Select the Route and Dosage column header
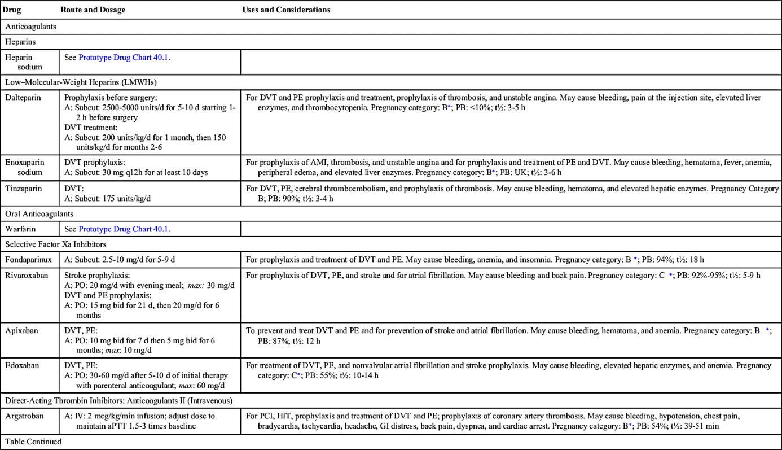coord(93,10)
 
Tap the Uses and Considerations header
coord(286,10)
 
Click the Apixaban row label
coord(22,331)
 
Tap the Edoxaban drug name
coord(22,365)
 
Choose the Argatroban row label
coord(24,416)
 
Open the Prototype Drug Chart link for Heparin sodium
coord(124,58)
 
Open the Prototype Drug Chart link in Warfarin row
coord(124,229)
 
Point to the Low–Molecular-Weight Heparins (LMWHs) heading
coord(81,82)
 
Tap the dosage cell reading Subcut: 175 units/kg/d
coord(107,198)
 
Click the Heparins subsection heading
coord(21,41)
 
